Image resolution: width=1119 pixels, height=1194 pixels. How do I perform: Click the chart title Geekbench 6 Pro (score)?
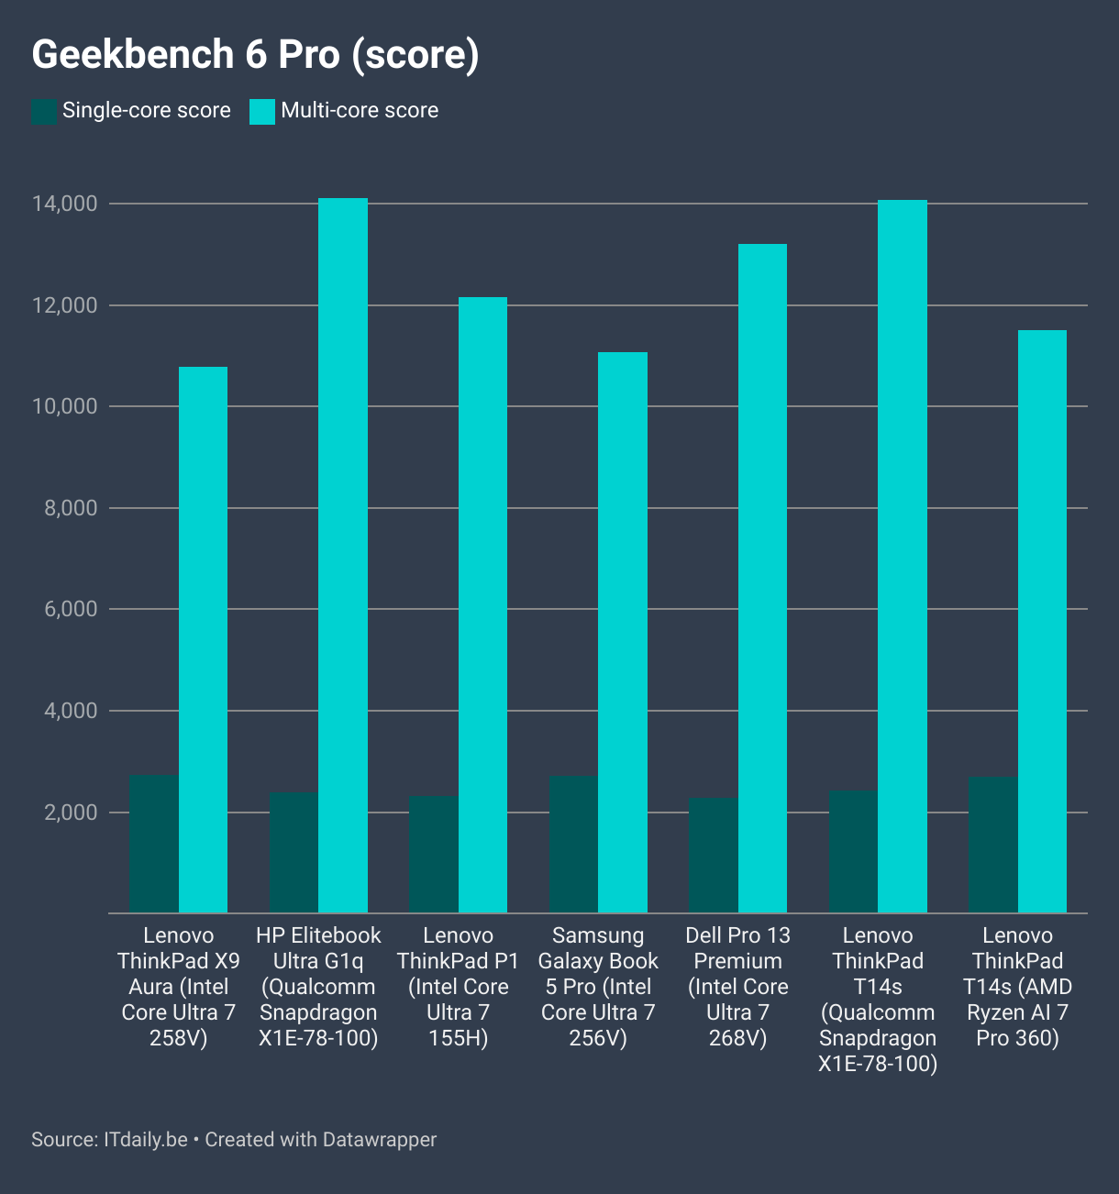[x=255, y=55]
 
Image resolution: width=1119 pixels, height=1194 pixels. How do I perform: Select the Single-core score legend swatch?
[x=43, y=112]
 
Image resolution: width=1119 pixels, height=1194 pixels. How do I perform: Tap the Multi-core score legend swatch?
[x=262, y=112]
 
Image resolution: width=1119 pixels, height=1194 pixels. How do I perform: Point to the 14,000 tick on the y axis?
[x=64, y=204]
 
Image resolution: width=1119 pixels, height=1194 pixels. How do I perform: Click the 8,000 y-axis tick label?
[x=71, y=508]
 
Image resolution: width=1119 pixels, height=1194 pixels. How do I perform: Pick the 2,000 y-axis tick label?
[x=71, y=813]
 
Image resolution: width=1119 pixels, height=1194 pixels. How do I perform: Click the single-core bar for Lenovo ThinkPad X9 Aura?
[x=154, y=845]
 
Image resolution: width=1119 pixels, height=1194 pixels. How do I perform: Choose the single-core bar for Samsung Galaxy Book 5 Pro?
[x=574, y=845]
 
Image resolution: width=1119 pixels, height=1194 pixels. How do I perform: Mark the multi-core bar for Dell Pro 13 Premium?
[x=762, y=579]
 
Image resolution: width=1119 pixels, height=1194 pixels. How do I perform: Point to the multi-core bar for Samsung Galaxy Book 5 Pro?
[x=623, y=633]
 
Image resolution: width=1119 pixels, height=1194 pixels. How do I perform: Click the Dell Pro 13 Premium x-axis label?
[x=737, y=987]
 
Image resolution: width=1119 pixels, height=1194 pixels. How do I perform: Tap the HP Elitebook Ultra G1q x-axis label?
[x=318, y=987]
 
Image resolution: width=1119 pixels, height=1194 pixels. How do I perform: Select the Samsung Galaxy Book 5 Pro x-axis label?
[x=598, y=987]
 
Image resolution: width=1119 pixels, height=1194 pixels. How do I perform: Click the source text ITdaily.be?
[x=145, y=1140]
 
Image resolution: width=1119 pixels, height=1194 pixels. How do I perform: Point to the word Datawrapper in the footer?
[x=379, y=1140]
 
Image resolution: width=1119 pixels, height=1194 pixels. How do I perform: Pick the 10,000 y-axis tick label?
[x=64, y=406]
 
